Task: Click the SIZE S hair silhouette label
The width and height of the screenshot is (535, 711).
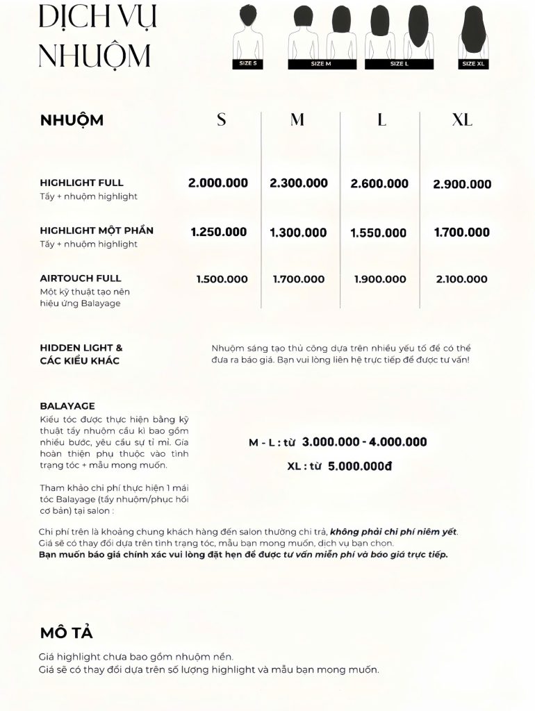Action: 248,63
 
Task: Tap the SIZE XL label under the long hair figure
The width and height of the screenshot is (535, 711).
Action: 472,63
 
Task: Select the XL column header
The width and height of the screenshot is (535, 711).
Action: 462,119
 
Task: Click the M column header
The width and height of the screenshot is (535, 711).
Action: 297,119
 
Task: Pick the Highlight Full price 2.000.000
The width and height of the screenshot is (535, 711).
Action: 218,183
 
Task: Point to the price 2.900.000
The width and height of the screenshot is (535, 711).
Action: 462,184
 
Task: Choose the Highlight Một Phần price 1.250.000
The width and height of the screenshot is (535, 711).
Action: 219,232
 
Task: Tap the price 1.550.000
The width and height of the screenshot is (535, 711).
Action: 379,233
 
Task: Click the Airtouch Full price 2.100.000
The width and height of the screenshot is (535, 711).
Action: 462,279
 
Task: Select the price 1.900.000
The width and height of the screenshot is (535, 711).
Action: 380,279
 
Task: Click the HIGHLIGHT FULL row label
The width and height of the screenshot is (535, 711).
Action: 81,183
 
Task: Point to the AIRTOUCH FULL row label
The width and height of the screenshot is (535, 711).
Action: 81,278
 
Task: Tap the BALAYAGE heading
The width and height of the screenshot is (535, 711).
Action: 67,405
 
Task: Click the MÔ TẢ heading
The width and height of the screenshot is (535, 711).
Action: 66,633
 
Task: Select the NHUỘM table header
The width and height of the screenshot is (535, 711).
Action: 72,119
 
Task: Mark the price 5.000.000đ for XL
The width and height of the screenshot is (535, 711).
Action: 360,466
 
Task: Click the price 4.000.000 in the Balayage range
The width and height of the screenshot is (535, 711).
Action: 398,442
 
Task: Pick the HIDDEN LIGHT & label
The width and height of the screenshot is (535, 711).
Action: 81,347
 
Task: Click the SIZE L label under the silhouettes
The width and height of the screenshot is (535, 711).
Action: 399,63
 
